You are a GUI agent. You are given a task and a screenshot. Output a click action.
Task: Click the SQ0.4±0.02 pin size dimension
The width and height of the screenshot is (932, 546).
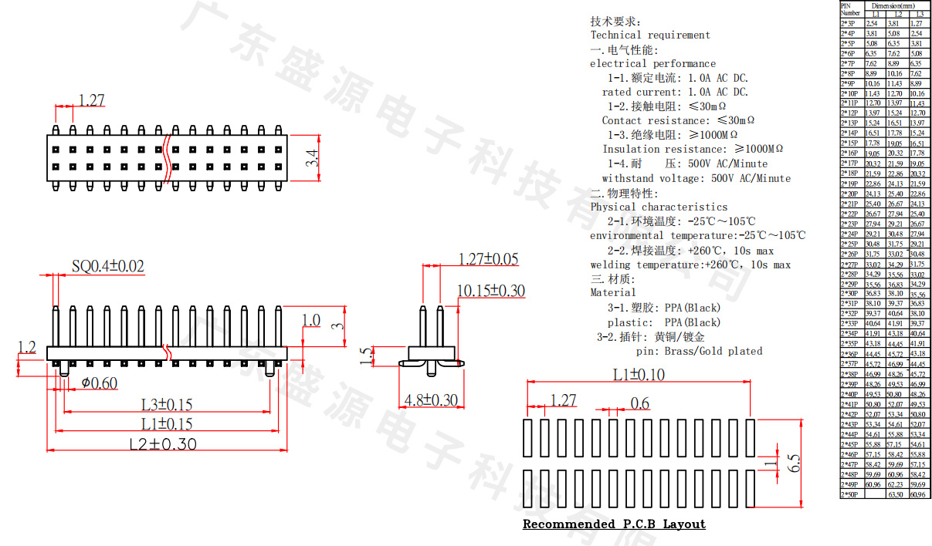tap(107, 267)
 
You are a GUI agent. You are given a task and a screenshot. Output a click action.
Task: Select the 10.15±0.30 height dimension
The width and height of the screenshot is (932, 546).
tap(491, 291)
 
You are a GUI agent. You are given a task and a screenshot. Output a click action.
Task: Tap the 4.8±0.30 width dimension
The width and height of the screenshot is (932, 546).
tap(432, 401)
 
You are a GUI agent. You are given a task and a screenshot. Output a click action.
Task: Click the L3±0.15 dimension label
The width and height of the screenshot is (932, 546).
tap(167, 404)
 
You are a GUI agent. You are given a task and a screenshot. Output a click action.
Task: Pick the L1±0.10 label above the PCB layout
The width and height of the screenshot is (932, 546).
tap(639, 375)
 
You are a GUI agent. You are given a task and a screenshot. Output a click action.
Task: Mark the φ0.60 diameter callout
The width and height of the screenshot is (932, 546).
tap(100, 383)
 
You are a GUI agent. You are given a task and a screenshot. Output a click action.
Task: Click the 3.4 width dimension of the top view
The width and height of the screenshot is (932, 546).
tap(311, 158)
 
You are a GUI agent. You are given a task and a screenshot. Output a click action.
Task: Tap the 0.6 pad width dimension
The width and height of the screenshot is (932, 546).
tap(640, 403)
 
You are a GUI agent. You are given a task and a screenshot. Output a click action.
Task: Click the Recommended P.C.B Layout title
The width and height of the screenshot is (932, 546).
tap(614, 524)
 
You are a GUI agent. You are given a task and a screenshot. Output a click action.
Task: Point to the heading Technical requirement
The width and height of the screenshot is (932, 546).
tap(650, 35)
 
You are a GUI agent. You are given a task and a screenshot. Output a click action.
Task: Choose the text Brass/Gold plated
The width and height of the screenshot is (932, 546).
tap(713, 351)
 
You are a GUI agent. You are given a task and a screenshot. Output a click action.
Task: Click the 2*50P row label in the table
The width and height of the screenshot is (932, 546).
tap(849, 494)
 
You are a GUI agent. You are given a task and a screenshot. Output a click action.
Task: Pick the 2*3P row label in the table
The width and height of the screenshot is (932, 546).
tap(848, 24)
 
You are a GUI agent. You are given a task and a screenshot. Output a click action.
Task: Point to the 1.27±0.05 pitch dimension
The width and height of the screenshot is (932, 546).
tap(488, 259)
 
